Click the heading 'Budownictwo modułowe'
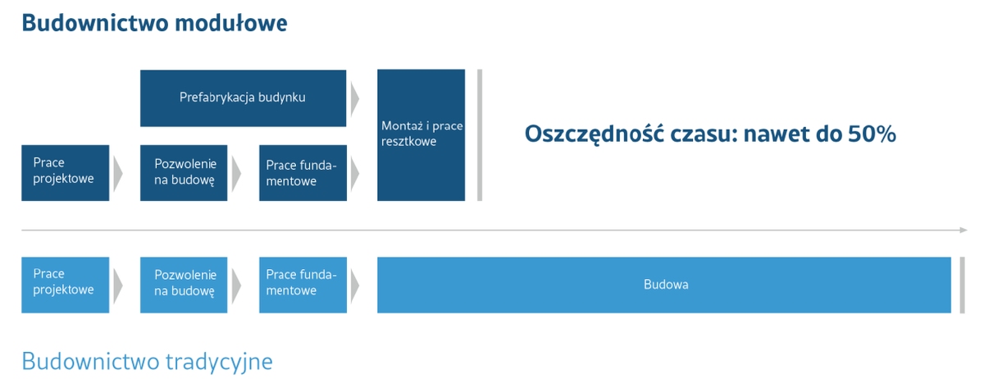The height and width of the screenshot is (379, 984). (154, 22)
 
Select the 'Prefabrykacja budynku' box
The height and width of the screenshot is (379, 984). (243, 98)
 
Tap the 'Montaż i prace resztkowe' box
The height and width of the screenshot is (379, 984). (421, 135)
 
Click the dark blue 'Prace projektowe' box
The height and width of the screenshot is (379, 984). (65, 172)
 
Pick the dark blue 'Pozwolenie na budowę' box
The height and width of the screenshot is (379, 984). (184, 172)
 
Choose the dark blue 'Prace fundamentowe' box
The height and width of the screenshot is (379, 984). (302, 172)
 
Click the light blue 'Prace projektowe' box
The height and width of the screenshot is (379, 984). (65, 284)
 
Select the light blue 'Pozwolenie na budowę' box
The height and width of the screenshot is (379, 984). (184, 284)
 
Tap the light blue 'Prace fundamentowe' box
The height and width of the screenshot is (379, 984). (302, 284)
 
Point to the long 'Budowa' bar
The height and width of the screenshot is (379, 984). (664, 284)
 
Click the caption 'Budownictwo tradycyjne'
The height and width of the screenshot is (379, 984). (147, 361)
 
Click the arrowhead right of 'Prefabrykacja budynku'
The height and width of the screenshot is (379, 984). (354, 98)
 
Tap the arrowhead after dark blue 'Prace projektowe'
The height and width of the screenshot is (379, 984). (117, 172)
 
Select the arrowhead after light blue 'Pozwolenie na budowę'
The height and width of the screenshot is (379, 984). (236, 284)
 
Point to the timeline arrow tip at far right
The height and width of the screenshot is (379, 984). (964, 231)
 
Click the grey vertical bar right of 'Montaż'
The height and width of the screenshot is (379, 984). (480, 135)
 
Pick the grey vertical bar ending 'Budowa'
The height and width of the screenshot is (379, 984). (961, 284)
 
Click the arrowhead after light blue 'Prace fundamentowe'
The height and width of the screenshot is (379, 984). (354, 284)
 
